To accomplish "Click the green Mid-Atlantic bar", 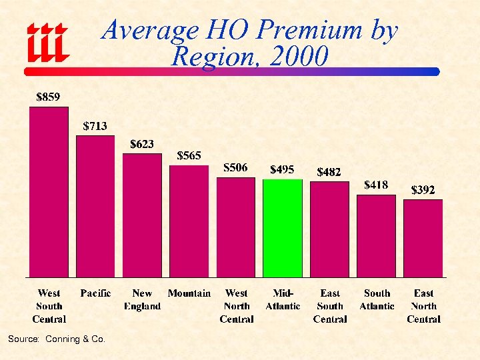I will [x=283, y=228].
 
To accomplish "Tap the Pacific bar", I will [x=95, y=206].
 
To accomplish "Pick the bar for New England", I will [x=142, y=215].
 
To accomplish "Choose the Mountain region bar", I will [x=189, y=221].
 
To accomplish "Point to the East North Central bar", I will [x=423, y=238].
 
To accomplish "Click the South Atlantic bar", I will [x=377, y=236].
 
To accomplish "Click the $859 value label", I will [x=48, y=97].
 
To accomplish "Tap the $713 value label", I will [x=95, y=125].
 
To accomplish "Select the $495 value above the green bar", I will [x=282, y=169].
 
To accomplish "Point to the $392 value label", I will [x=423, y=190].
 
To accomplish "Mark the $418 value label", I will [x=376, y=185].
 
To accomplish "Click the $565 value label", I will [x=189, y=155].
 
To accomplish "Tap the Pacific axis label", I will [x=95, y=293].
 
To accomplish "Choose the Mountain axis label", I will [x=189, y=293].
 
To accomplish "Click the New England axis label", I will [x=142, y=300].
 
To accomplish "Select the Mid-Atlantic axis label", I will [x=283, y=300].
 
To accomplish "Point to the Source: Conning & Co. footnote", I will [x=57, y=339].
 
